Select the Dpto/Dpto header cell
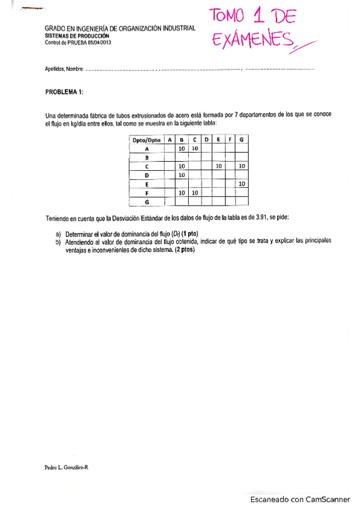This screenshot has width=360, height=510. tap(147, 140)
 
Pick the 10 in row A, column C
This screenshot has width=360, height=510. tap(195, 148)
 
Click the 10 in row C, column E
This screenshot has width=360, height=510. tap(219, 165)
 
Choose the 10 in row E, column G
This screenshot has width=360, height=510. tap(242, 183)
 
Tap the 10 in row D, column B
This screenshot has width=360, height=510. tap(182, 174)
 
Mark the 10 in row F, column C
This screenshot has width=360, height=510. tap(195, 192)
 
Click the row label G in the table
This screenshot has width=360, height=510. tap(147, 201)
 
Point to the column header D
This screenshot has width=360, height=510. tap(207, 140)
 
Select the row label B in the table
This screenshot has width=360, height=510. tap(147, 157)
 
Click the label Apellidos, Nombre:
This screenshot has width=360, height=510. tap(64, 69)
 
